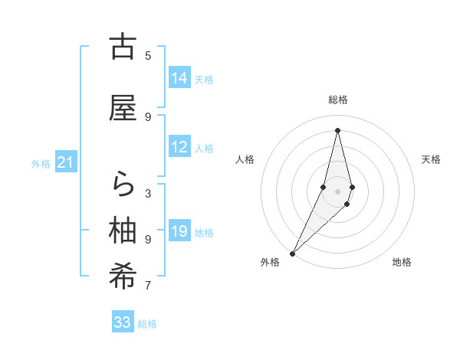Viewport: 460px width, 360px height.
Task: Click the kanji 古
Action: tap(123, 47)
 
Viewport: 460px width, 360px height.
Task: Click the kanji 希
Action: tap(123, 277)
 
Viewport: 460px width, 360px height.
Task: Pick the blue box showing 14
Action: tap(179, 78)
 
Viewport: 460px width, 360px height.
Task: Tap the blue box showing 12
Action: tap(179, 147)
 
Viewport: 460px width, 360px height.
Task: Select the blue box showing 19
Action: tap(179, 231)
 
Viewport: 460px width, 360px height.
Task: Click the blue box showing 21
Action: tap(66, 162)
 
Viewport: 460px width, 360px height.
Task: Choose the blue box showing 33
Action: tap(123, 322)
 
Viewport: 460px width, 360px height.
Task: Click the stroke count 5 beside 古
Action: tap(148, 55)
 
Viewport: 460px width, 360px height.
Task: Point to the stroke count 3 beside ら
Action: tap(148, 193)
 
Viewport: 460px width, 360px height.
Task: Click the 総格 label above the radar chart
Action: tap(337, 100)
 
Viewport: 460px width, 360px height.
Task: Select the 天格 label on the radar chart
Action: tap(431, 159)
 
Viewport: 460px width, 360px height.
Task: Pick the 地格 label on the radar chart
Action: tap(402, 262)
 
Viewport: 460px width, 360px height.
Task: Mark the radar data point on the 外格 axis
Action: tap(292, 253)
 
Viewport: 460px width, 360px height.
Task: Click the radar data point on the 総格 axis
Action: tap(337, 129)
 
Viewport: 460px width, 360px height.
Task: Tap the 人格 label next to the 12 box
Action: tap(204, 148)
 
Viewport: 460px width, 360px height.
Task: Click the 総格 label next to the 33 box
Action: tap(147, 323)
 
